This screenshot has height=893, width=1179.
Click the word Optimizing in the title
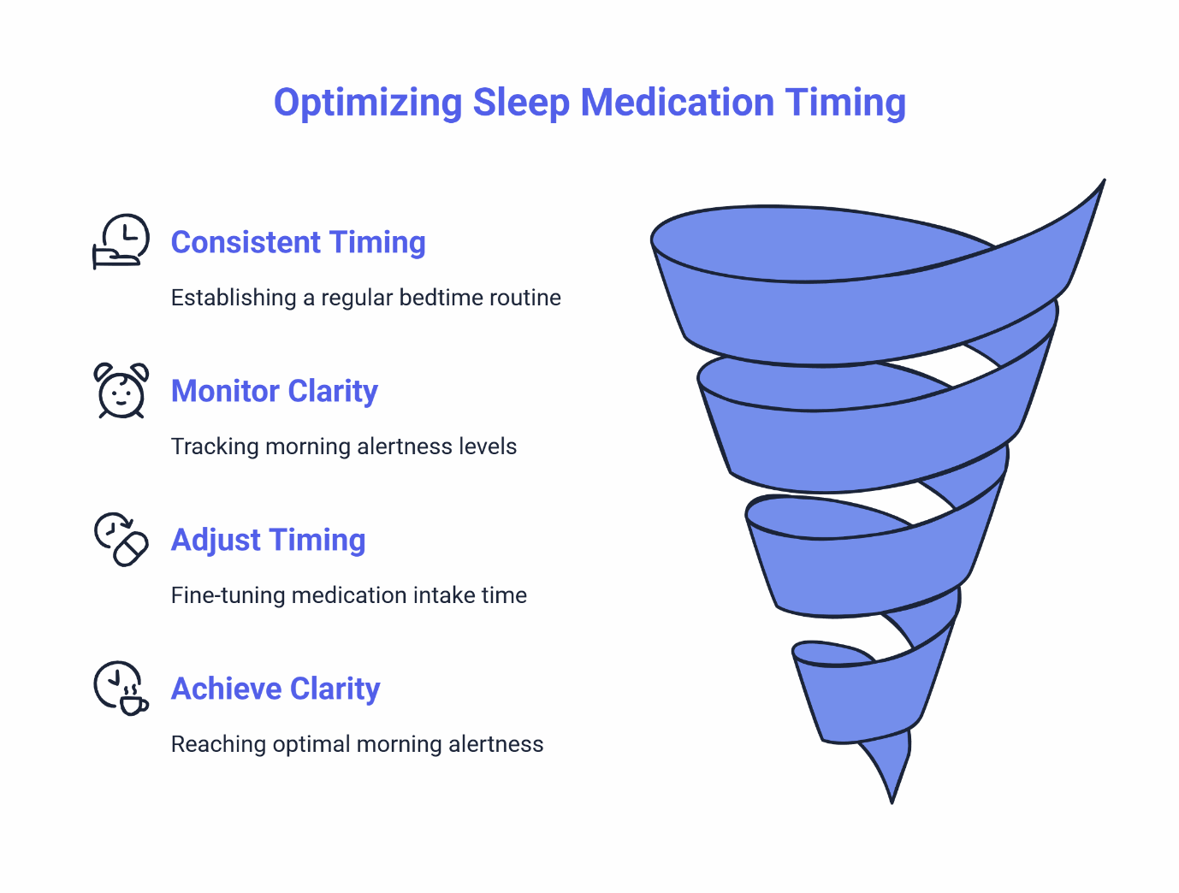click(368, 103)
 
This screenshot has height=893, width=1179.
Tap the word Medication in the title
click(678, 103)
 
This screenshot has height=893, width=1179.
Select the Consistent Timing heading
click(298, 243)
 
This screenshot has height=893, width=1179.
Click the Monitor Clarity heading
click(274, 392)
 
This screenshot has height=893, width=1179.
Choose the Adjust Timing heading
click(268, 541)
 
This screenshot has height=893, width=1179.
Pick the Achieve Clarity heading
click(275, 689)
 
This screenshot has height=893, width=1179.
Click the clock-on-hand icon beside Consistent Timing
click(121, 241)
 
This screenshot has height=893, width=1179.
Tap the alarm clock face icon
click(121, 392)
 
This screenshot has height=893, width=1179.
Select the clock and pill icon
click(121, 540)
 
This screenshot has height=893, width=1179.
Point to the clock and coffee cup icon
click(121, 688)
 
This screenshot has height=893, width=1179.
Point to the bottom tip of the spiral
click(892, 800)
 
